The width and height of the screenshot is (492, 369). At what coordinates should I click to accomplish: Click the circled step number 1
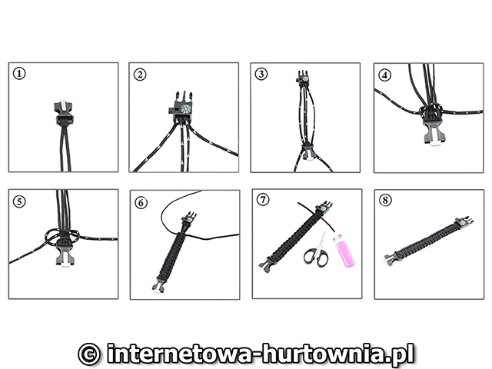19,74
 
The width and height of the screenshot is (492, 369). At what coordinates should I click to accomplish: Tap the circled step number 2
140,75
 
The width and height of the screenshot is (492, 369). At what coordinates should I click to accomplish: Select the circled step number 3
261,74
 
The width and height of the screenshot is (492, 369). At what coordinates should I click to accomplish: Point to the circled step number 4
385,75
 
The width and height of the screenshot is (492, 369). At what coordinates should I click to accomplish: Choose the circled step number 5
19,201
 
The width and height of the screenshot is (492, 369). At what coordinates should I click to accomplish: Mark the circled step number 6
141,203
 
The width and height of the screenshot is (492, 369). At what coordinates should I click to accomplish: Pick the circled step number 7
263,199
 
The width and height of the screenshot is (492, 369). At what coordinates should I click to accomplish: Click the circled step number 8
385,200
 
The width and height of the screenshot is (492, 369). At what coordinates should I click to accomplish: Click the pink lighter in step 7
346,251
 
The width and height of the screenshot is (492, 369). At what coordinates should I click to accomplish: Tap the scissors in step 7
317,251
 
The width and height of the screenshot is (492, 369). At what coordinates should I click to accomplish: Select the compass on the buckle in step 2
185,109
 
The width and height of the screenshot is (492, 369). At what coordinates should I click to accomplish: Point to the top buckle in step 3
303,77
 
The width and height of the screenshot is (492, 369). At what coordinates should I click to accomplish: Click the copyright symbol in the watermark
89,354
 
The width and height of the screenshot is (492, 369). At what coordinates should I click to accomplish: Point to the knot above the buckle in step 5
63,236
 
